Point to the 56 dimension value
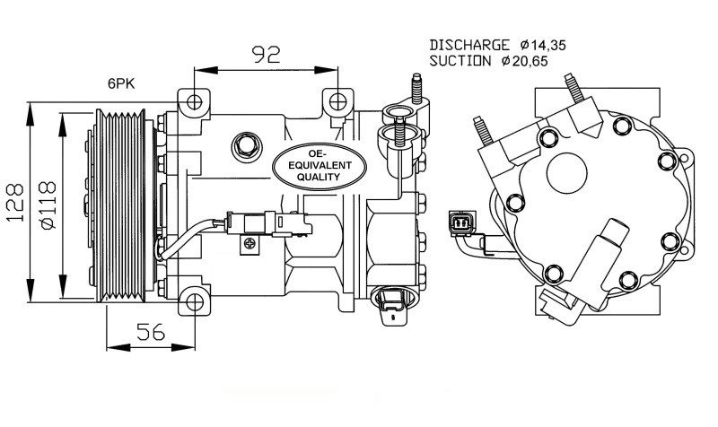(150, 331)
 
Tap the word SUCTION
(460, 61)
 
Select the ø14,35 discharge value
(543, 44)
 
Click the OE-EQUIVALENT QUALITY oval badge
(320, 164)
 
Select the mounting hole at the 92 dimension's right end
(337, 100)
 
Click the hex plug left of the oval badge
(245, 143)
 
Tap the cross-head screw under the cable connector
(247, 240)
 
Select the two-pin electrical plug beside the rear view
(458, 224)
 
